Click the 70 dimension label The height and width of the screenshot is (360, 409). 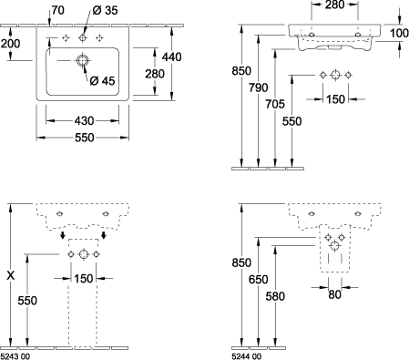(58, 10)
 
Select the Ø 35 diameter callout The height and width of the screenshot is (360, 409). (105, 10)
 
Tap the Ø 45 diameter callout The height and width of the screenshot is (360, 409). (103, 80)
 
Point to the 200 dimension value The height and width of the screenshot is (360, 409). (11, 44)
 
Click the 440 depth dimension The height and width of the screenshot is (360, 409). (172, 57)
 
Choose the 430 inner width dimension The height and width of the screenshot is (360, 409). (84, 121)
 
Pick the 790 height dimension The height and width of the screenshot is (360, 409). (259, 87)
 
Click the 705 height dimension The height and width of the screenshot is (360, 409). (275, 104)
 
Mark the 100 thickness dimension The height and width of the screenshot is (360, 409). (399, 33)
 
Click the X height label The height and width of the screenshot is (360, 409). (11, 275)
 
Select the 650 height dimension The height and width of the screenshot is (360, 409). (259, 279)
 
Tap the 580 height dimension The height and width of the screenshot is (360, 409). (275, 296)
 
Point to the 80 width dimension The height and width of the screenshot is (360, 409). (334, 294)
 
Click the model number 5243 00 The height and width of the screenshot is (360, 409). (15, 356)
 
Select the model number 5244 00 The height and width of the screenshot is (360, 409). (246, 356)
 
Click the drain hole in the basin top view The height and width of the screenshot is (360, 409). (82, 61)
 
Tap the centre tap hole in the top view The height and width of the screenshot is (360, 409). (82, 38)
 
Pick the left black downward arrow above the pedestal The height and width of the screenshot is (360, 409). (63, 234)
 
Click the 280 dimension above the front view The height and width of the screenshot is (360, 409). (334, 5)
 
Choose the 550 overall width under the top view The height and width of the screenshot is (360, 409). (84, 138)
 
